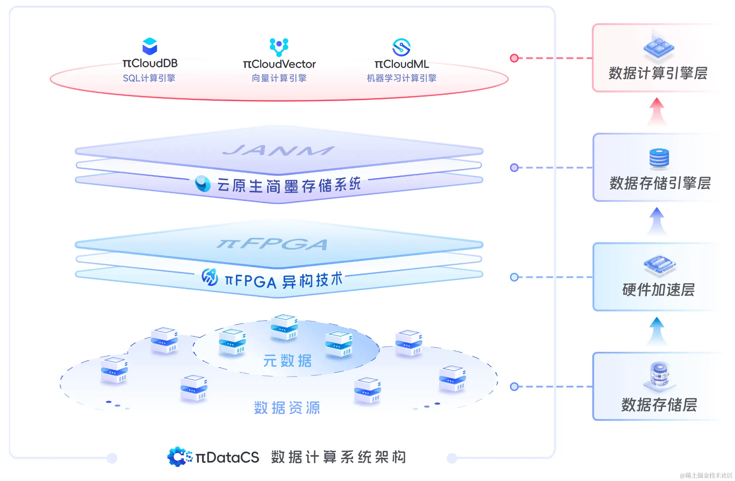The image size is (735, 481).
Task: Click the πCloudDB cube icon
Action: (x=149, y=46)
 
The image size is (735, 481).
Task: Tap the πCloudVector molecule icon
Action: (x=279, y=47)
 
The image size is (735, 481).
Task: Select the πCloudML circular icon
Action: (x=401, y=47)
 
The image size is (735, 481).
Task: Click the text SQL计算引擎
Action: (x=149, y=78)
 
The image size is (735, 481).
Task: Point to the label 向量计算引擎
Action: (x=279, y=78)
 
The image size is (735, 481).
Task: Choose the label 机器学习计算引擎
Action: (x=401, y=78)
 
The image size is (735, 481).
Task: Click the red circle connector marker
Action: (x=514, y=58)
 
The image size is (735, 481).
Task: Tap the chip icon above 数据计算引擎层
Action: (x=658, y=48)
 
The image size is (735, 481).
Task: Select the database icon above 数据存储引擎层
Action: (x=659, y=158)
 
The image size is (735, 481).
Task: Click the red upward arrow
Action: (x=657, y=111)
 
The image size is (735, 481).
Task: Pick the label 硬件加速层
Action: (x=658, y=290)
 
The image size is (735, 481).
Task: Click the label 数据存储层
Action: (x=659, y=404)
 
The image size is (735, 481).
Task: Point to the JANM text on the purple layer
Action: (x=278, y=151)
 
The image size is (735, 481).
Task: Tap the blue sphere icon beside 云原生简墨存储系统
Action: (x=202, y=184)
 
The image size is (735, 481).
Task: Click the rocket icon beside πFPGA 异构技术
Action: (x=210, y=277)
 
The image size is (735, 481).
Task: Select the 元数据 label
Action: (x=287, y=361)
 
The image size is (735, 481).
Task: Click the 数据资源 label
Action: (x=287, y=408)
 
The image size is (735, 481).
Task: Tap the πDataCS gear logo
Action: (x=179, y=457)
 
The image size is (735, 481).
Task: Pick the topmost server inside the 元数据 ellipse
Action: (x=284, y=327)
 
